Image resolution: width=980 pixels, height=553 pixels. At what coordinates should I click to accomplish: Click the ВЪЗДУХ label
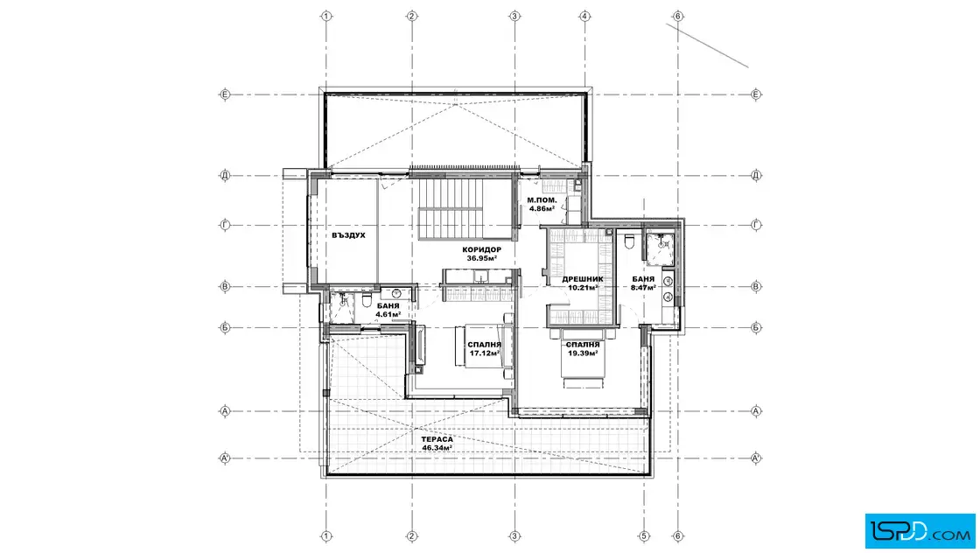(349, 235)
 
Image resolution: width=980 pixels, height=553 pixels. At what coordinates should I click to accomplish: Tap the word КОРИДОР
(482, 250)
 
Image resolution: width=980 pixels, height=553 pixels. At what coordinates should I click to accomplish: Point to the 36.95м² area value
(482, 258)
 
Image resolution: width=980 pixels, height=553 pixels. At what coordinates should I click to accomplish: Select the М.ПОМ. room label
(542, 200)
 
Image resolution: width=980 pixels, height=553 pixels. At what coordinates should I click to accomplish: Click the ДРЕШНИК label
(583, 279)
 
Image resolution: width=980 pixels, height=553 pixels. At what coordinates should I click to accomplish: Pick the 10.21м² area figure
(583, 288)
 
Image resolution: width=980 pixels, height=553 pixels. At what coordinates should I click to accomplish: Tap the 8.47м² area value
(643, 288)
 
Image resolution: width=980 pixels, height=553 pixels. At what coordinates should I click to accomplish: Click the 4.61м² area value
(388, 314)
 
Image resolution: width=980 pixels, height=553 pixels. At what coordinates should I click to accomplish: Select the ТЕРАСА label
(437, 440)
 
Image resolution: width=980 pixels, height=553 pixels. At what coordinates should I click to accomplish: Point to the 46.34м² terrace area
(437, 448)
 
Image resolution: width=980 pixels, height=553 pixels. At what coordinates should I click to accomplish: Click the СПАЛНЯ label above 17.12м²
(485, 345)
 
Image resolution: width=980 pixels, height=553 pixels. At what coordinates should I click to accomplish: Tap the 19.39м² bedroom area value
(583, 353)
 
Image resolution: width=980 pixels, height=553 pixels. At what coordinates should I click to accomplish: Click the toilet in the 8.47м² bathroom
(629, 241)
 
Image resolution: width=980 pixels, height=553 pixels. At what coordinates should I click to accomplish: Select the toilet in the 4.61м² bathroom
(367, 300)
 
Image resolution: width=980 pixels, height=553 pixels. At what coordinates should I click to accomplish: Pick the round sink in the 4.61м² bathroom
(396, 293)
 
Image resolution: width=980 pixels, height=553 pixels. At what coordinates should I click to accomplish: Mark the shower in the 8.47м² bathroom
(661, 245)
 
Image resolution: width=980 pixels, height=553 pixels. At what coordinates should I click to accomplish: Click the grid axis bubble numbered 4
(585, 16)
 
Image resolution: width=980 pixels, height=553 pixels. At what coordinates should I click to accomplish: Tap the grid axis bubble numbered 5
(644, 536)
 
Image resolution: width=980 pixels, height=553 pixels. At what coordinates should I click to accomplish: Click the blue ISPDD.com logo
(920, 531)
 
